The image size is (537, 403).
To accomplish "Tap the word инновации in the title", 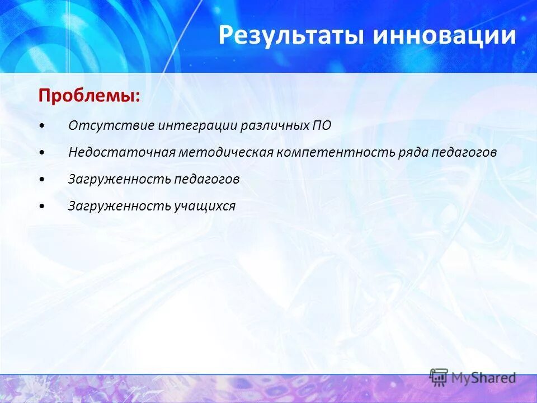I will click(445, 35).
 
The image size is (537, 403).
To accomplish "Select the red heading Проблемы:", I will click(89, 96).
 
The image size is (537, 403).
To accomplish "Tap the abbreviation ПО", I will click(321, 125).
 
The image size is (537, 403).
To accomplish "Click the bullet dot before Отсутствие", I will click(44, 126).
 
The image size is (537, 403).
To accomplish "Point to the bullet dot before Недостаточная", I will click(44, 153).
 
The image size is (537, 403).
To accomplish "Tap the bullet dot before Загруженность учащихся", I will click(44, 207).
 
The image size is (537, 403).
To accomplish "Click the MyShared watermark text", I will click(483, 378).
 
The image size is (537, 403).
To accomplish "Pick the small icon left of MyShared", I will click(439, 377).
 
